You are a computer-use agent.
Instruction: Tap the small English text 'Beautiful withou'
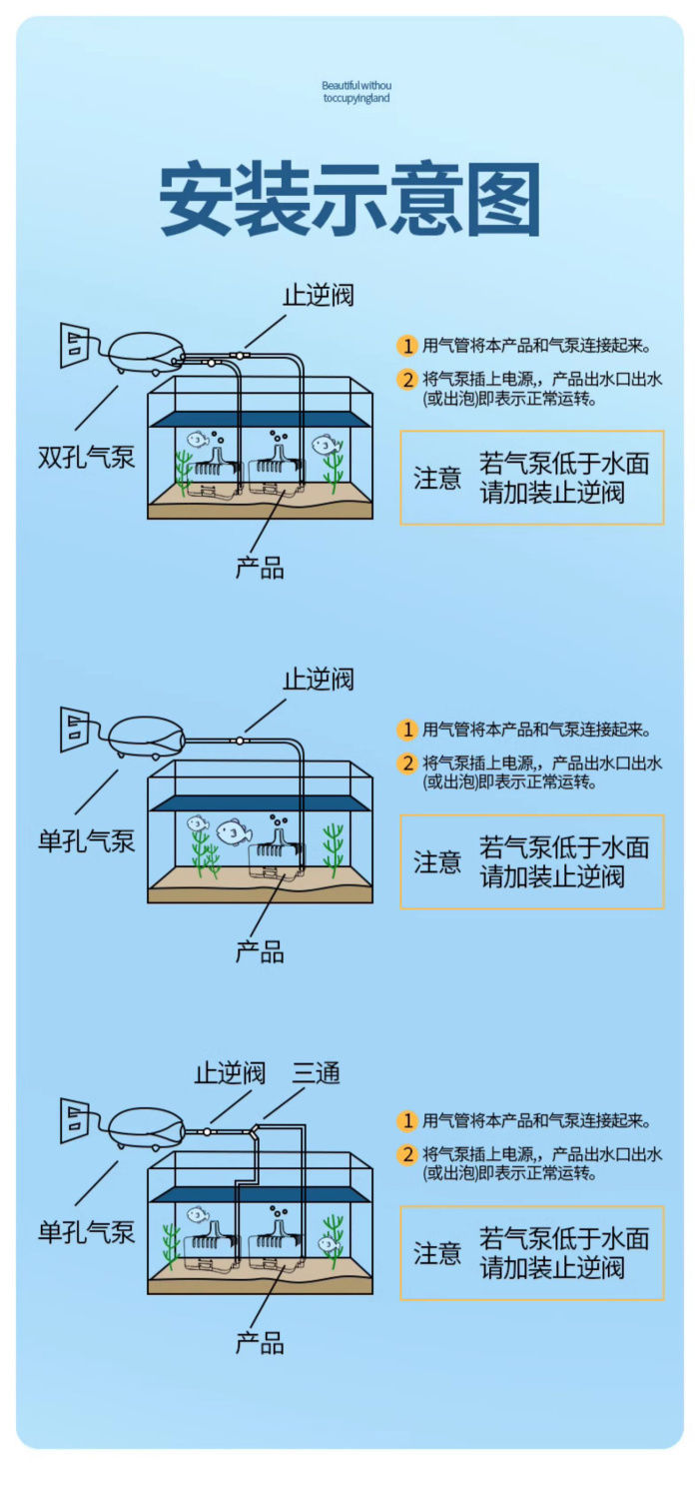(x=356, y=86)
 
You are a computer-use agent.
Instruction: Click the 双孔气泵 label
(x=87, y=458)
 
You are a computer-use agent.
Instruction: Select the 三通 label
(x=317, y=1074)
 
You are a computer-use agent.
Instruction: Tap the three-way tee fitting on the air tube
(x=256, y=1128)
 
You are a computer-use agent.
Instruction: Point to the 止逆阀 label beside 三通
(x=231, y=1074)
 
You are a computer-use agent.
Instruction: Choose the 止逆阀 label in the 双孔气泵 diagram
(x=319, y=295)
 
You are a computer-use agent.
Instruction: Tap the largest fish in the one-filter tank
(x=234, y=830)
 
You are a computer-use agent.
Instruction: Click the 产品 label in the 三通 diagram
(x=260, y=1343)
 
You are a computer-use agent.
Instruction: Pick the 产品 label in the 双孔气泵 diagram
(x=260, y=569)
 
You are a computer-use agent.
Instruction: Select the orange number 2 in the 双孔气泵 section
(x=407, y=380)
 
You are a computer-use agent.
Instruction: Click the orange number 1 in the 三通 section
(x=407, y=1121)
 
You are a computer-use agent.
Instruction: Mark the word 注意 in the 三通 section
(x=438, y=1253)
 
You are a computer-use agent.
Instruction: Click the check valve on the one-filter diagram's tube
(x=240, y=741)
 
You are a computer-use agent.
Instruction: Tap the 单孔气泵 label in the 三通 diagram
(x=87, y=1232)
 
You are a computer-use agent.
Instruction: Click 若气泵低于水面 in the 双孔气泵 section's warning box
(x=564, y=464)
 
